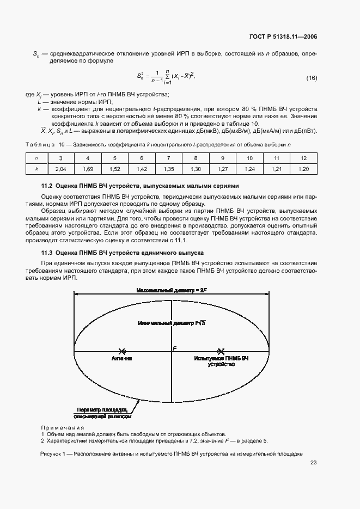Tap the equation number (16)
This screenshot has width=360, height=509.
tap(311, 78)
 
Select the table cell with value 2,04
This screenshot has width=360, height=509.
tap(61, 169)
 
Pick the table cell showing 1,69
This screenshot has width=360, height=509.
tap(88, 169)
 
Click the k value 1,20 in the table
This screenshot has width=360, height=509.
tap(304, 169)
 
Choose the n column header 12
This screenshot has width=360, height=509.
tap(304, 158)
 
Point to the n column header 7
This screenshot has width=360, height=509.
tap(168, 158)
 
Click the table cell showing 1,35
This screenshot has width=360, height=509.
tap(168, 169)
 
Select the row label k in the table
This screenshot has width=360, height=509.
tap(36, 169)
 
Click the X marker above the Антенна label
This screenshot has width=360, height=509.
tap(122, 351)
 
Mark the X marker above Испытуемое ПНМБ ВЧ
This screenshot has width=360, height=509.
tap(221, 351)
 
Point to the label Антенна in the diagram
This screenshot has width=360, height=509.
tap(122, 359)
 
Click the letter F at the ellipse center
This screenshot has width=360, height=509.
tap(175, 347)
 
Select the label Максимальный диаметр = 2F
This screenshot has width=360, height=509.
tap(172, 291)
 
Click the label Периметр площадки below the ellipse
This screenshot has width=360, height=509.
tap(102, 409)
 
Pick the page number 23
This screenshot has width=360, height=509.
tap(313, 463)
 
